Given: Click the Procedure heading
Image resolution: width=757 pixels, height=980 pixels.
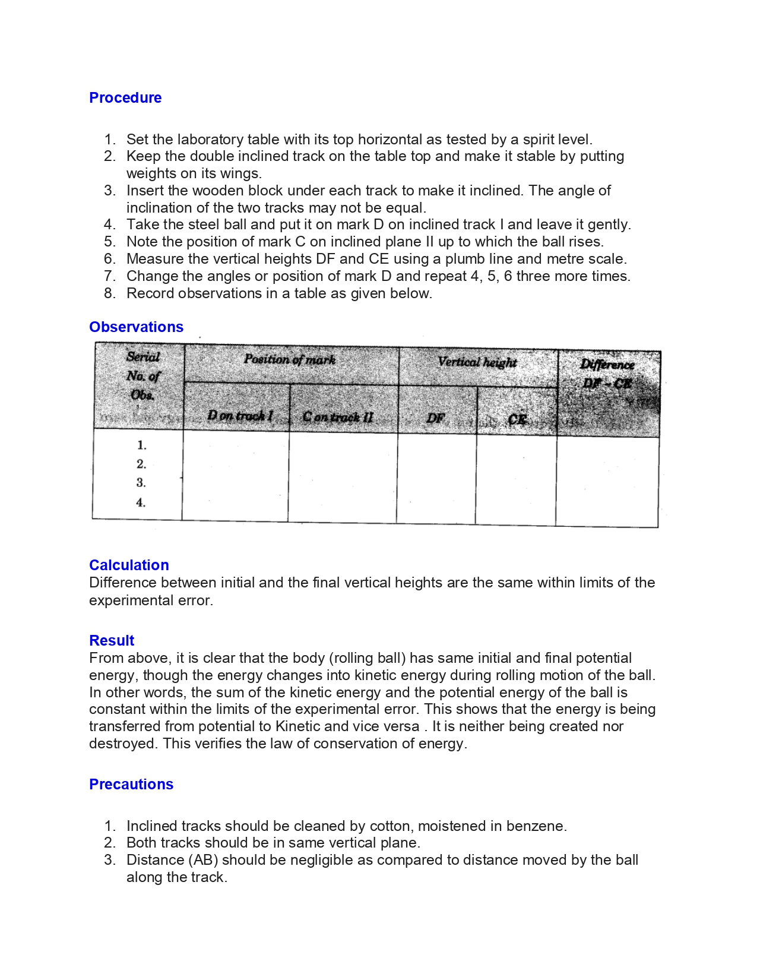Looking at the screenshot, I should coord(125,98).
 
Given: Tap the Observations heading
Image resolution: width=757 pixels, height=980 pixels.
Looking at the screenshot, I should coord(136,327).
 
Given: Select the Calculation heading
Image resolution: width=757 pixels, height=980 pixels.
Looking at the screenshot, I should coord(129,565).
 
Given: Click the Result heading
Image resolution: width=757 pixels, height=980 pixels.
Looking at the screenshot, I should coord(112,641).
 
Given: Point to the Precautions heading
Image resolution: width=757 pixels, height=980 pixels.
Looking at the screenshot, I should coord(131,785).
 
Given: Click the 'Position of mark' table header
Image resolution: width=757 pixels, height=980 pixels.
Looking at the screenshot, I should coord(290,359).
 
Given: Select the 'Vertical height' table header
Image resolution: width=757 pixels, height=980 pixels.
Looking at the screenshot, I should coord(477,362).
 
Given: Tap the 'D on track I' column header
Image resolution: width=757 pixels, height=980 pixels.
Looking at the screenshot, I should coord(239,416).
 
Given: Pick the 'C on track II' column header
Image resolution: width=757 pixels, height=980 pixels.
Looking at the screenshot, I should coord(337,417).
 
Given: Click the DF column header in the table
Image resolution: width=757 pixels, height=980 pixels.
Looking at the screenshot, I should coord(435,418).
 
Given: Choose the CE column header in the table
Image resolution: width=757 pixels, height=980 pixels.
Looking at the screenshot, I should coord(517,419).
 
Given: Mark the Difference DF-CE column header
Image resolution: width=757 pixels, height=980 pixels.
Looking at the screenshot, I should coord(607,374).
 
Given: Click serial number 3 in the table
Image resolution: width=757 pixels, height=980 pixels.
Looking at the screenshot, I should coord(141,483).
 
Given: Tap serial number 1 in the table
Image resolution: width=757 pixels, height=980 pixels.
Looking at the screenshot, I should coord(141,445).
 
